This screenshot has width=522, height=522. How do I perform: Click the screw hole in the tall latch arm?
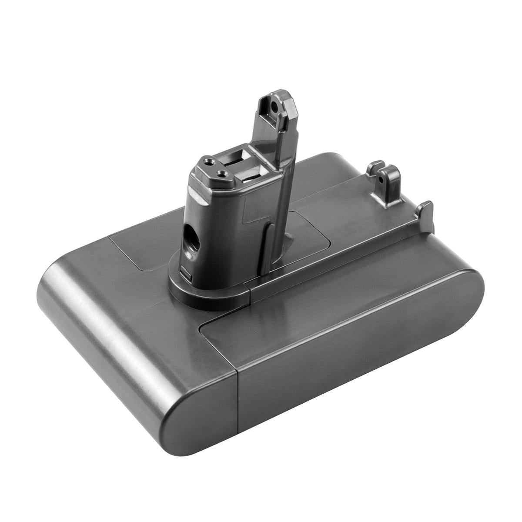[273, 105]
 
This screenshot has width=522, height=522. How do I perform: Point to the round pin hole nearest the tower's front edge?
[224, 174]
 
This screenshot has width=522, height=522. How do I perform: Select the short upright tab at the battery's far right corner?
[425, 213]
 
